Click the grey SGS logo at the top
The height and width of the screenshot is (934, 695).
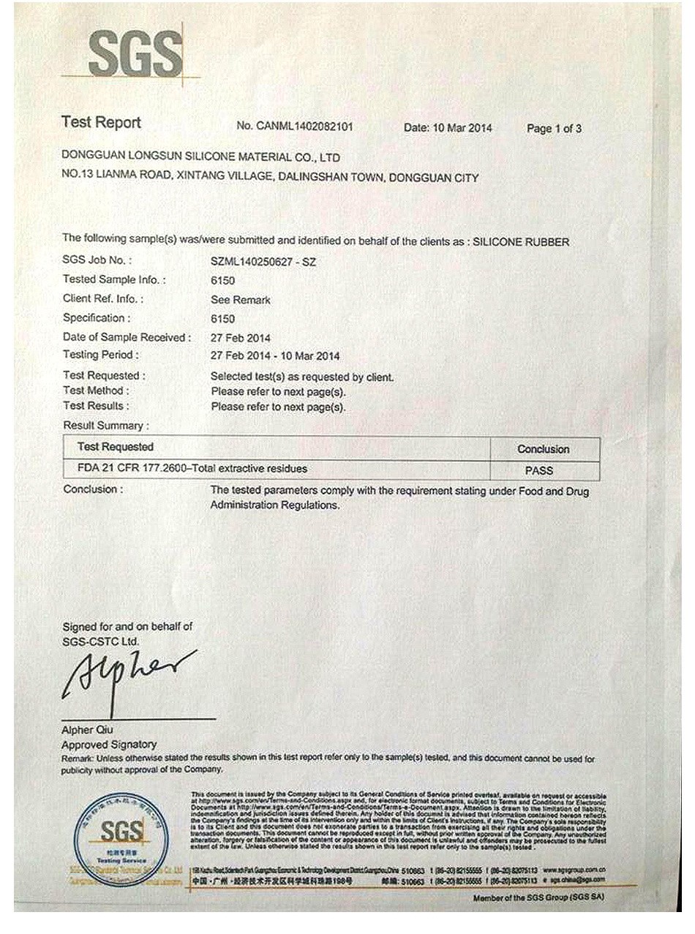[135, 54]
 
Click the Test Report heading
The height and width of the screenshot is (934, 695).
[101, 123]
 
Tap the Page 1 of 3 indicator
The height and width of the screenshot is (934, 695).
[554, 129]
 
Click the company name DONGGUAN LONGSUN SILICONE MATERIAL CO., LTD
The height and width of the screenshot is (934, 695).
[201, 157]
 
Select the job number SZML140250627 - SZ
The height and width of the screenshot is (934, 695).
[263, 261]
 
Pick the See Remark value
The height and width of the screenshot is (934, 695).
[241, 300]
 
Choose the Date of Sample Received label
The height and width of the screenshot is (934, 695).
[127, 337]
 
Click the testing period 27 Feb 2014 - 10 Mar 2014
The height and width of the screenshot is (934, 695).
[275, 356]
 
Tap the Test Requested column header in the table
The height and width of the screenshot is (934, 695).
[116, 447]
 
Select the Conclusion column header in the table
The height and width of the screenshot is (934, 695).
[543, 449]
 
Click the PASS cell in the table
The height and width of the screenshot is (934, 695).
[539, 470]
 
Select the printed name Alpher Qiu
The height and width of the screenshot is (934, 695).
[88, 730]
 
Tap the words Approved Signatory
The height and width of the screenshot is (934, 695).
[99, 745]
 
